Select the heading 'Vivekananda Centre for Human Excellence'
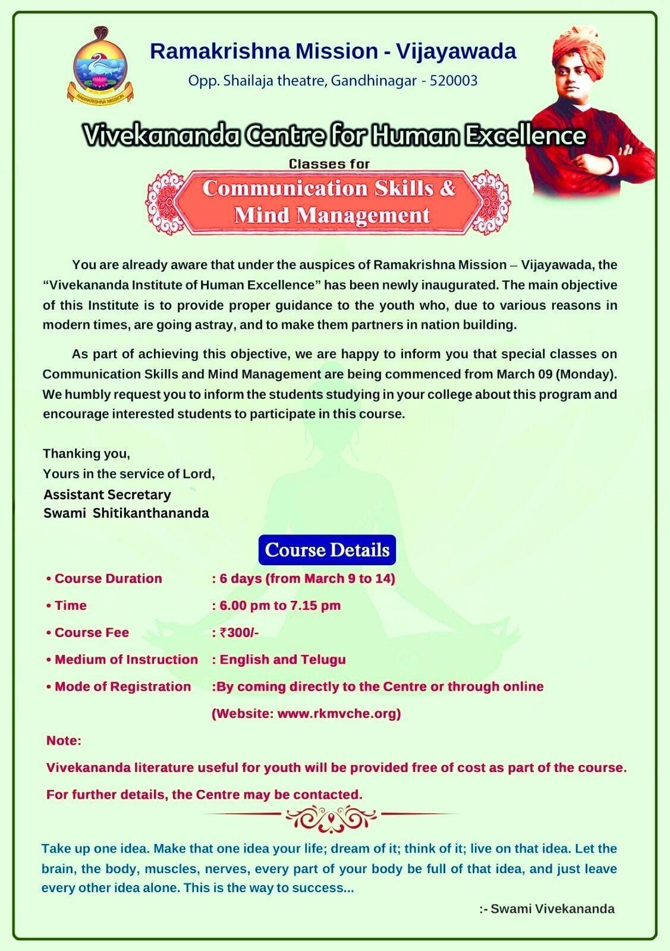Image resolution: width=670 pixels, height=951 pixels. click(x=334, y=136)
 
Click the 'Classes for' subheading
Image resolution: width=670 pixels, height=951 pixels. click(x=329, y=163)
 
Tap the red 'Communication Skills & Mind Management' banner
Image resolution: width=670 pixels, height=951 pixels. click(x=329, y=201)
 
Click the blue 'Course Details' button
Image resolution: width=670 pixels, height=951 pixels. click(x=327, y=550)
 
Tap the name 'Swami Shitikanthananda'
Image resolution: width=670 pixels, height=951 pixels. click(x=126, y=513)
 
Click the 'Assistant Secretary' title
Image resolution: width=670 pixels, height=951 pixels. click(x=107, y=495)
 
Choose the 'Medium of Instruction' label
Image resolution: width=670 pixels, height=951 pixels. click(x=126, y=659)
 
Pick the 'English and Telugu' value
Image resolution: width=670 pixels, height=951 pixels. click(x=282, y=659)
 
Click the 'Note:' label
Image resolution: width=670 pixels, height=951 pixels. click(x=64, y=741)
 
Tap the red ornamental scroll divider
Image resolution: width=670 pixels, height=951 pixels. click(x=331, y=820)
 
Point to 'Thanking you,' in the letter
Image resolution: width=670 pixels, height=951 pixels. click(x=86, y=454)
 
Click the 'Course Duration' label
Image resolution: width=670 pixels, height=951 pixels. click(x=108, y=578)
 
